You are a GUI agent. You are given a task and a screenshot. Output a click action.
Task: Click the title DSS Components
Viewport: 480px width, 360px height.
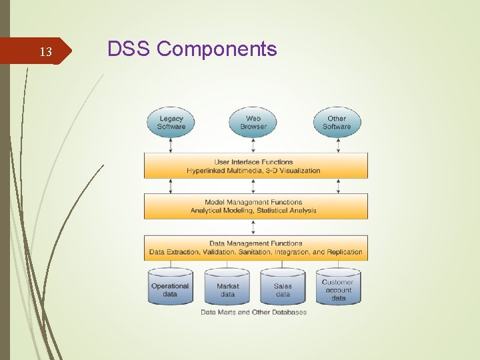pyautogui.click(x=192, y=49)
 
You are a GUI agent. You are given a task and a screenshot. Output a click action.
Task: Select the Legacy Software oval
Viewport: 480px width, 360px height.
pyautogui.click(x=171, y=123)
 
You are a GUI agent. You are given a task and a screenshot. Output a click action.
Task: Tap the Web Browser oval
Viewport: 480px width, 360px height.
pyautogui.click(x=253, y=123)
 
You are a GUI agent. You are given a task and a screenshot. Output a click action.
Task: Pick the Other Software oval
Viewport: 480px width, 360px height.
pyautogui.click(x=337, y=123)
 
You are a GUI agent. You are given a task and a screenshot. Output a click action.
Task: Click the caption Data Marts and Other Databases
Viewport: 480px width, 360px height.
pyautogui.click(x=253, y=312)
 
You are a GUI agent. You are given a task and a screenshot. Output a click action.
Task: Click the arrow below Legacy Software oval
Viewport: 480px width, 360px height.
pyautogui.click(x=171, y=145)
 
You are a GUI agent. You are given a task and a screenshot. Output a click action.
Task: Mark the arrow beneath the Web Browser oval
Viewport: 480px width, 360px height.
pyautogui.click(x=253, y=145)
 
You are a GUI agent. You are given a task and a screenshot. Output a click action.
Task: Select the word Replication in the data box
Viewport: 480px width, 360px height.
pyautogui.click(x=345, y=252)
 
